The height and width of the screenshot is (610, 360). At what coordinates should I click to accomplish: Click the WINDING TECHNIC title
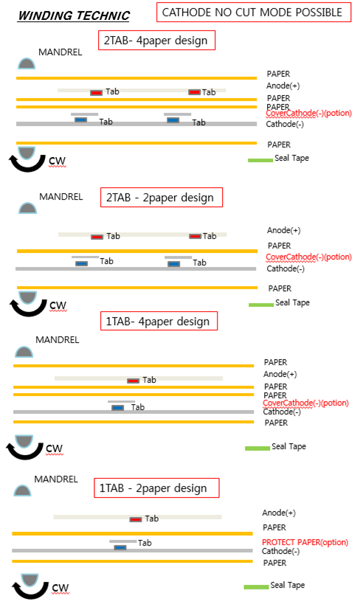click(74, 15)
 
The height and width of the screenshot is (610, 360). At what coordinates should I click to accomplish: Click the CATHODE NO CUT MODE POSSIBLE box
click(254, 13)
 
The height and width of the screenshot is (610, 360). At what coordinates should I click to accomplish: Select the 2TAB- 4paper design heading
click(156, 41)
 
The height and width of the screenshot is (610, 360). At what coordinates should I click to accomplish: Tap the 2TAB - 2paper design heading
click(162, 198)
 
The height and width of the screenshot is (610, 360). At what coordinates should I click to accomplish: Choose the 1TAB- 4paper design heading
click(159, 322)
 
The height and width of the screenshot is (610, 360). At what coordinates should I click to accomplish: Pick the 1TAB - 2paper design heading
click(156, 488)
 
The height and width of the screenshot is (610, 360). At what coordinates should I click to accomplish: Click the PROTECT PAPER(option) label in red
click(305, 542)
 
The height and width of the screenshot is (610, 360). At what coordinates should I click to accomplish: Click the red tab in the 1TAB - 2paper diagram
click(136, 519)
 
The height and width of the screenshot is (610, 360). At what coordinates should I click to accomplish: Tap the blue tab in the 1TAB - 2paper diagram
click(120, 547)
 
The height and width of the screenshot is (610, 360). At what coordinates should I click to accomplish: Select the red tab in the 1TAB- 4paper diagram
click(133, 381)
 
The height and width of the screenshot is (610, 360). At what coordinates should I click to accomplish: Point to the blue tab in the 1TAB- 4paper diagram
click(118, 408)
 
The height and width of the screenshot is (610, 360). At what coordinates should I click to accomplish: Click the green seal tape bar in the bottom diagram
click(256, 586)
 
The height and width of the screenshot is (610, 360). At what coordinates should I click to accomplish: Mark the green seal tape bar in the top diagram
click(260, 160)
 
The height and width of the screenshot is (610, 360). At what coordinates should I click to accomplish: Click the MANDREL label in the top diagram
click(60, 52)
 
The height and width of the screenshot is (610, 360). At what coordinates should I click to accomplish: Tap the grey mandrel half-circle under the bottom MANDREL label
click(22, 491)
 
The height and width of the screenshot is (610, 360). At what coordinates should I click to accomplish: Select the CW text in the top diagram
click(58, 161)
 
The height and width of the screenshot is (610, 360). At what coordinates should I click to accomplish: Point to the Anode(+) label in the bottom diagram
click(279, 513)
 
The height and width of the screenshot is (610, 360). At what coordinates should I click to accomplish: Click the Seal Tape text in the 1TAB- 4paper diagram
click(288, 446)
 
